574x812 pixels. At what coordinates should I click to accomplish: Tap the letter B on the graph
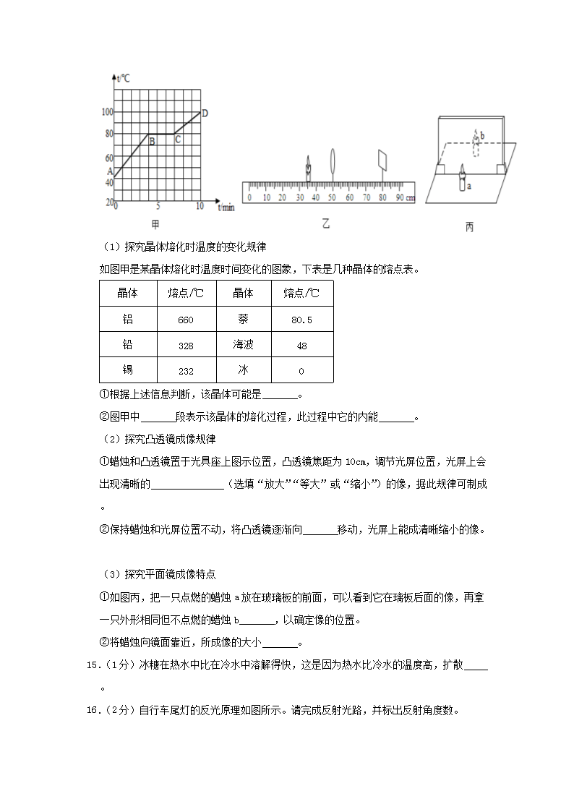coord(152,142)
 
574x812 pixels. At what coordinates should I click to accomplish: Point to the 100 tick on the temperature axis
coord(108,112)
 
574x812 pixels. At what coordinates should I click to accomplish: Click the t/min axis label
coord(226,208)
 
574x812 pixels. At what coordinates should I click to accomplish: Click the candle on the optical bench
coord(309,169)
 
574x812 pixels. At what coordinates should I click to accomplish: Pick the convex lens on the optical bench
coord(333,162)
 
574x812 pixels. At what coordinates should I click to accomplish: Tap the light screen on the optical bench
coord(382,161)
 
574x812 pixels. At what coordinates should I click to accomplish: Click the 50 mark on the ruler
coord(333,197)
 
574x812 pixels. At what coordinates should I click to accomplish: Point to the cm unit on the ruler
coord(411,197)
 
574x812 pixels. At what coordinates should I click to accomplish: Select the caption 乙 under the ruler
coord(326,225)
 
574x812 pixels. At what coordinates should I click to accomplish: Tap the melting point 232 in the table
coord(186,371)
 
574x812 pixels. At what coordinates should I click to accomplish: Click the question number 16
coord(92,710)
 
